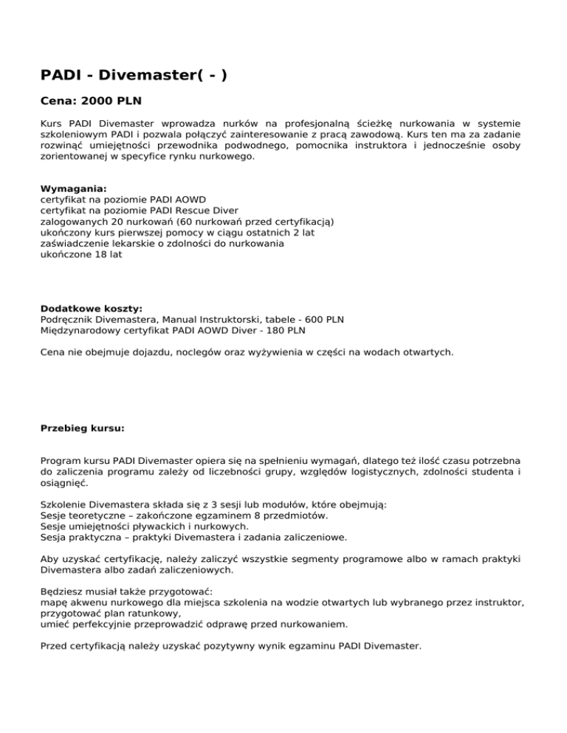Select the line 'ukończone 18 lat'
pos(81,254)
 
